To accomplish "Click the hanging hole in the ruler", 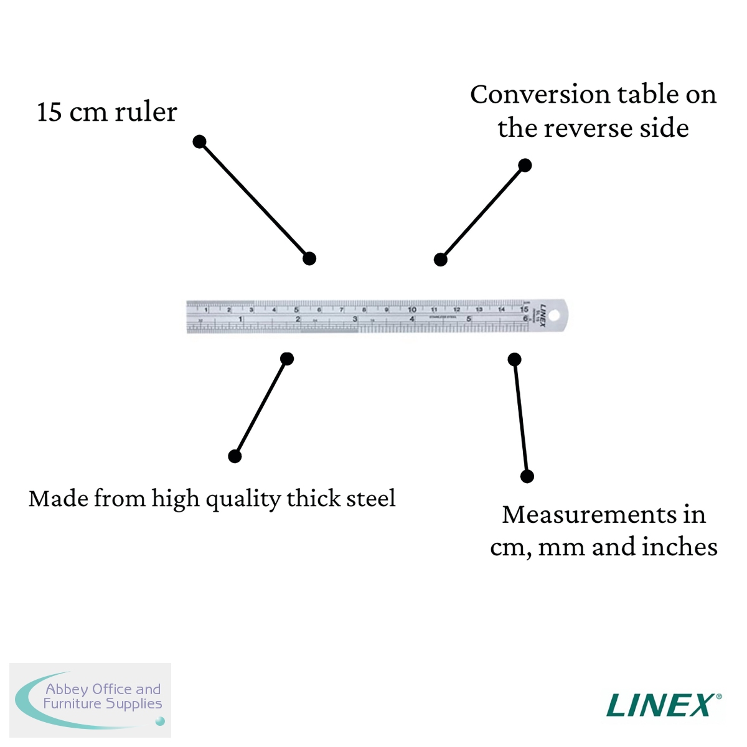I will pos(554,316).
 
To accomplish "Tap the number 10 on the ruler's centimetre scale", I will pos(412,309).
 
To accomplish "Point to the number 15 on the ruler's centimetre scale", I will pos(524,309).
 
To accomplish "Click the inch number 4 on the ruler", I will pos(412,319).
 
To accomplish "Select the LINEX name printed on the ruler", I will pos(542,315).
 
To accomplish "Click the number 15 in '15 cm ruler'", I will pos(50,113).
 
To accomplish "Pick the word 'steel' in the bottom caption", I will pos(371,499).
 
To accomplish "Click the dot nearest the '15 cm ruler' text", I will pos(199,142).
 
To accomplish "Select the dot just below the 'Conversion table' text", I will pos(525,165).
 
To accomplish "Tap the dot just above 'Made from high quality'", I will pos(235,456).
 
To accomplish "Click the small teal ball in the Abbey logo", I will pos(160,721).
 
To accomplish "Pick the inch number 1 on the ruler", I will pos(240,319).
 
